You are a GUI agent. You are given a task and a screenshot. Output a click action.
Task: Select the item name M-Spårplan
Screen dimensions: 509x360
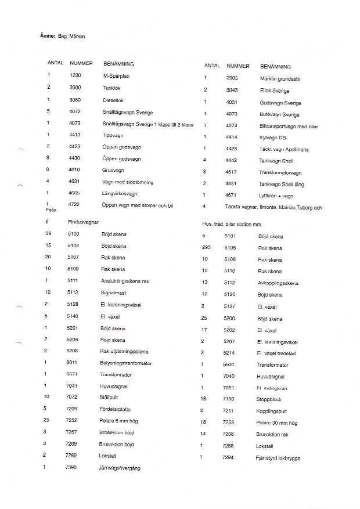click(115, 75)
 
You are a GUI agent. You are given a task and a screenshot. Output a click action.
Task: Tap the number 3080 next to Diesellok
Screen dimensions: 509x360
click(75, 99)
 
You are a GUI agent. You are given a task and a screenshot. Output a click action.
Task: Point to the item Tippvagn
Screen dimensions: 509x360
click(113, 135)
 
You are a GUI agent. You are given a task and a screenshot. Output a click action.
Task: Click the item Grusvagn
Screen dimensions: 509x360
click(113, 171)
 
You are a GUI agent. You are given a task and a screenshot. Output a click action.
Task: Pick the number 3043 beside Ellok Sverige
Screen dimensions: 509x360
click(232, 91)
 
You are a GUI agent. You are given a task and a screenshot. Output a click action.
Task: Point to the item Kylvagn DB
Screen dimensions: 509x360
click(272, 138)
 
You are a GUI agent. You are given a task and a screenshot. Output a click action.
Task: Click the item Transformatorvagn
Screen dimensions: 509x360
click(280, 173)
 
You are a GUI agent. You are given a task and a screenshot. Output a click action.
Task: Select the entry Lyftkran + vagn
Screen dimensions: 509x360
click(275, 196)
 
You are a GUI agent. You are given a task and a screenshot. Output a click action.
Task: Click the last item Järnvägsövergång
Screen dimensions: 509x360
click(120, 468)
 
